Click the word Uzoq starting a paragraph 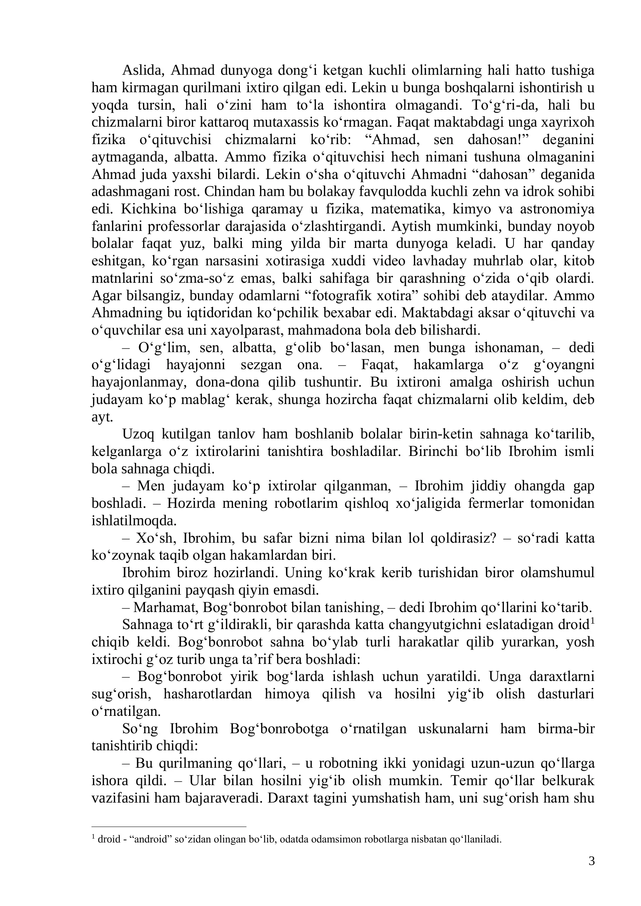[138, 434]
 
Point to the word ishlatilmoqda [134, 521]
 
